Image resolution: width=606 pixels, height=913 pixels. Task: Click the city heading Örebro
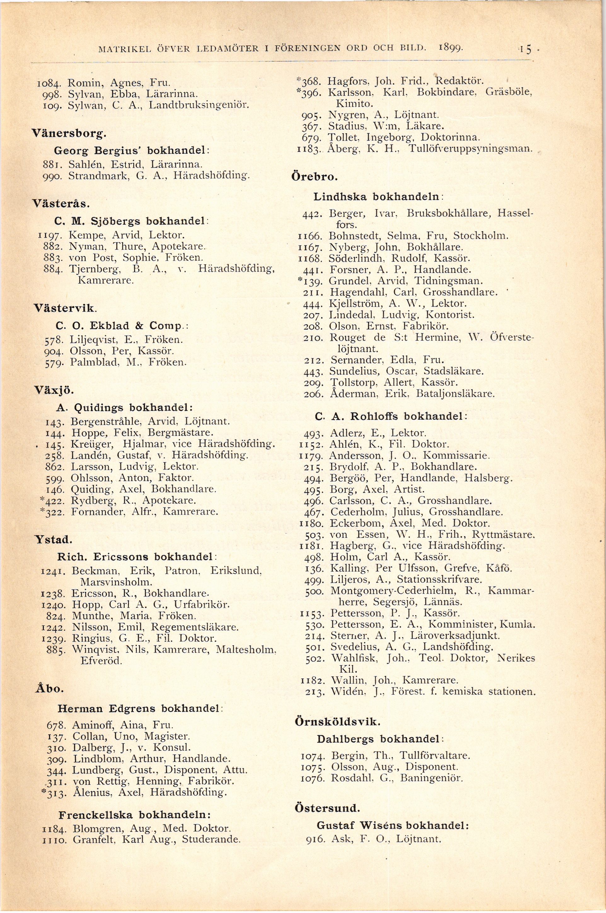(x=314, y=177)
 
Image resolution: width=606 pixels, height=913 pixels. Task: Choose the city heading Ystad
(x=54, y=539)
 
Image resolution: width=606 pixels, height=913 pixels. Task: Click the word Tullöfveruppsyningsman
(x=470, y=148)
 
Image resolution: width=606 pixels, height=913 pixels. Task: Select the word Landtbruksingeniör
(x=198, y=105)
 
